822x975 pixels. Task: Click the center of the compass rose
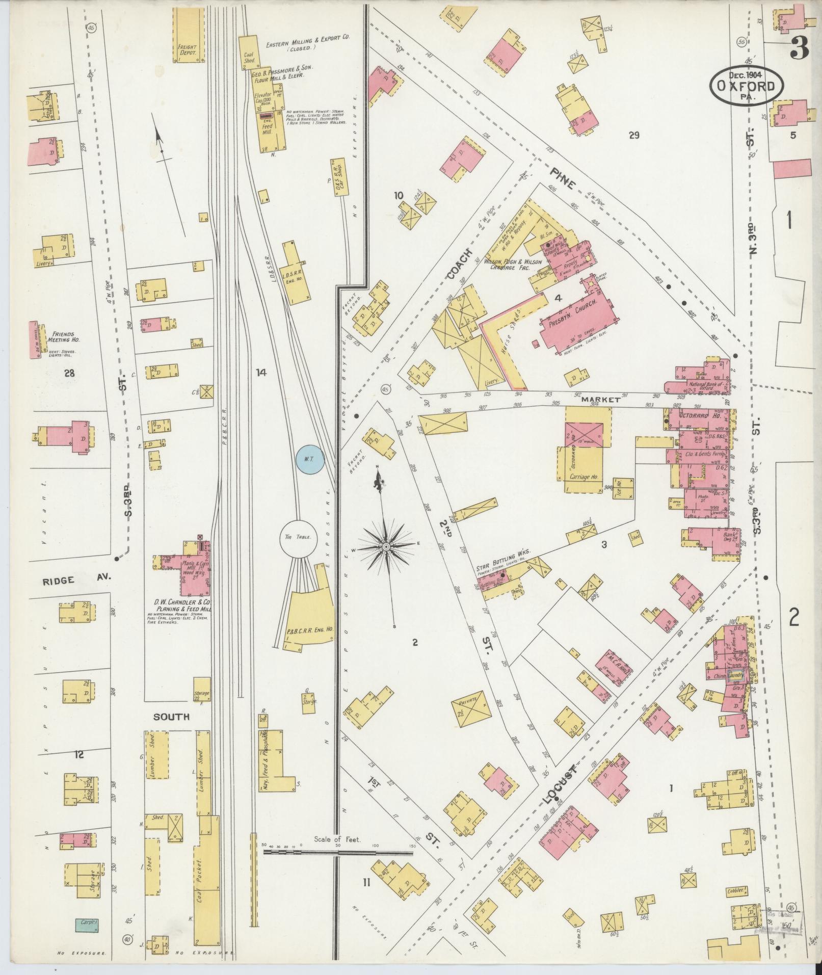386,547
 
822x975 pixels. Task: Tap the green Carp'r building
87,923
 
